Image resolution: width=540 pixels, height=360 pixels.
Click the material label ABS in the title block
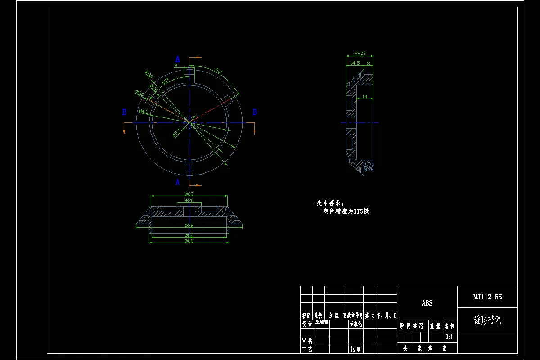coord(427,303)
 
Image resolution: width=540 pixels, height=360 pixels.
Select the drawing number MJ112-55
coord(487,297)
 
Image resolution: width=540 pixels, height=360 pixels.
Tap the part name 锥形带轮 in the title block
coord(487,320)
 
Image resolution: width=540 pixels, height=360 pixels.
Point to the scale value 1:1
coord(449,337)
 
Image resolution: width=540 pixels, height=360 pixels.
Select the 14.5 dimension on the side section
coord(355,63)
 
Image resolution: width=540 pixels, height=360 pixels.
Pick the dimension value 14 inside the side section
coord(364,97)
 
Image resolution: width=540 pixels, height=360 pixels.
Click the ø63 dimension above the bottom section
coord(189,194)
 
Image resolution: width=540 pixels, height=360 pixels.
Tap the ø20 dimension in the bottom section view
coord(189,200)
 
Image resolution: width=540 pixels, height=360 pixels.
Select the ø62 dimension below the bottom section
coord(189,235)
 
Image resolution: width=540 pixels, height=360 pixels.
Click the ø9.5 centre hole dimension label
coord(176,132)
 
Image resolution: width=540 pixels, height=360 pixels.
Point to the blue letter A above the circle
coord(178,59)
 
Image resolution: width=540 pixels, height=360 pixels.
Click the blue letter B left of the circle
coord(124,112)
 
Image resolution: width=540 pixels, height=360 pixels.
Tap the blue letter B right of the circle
coord(255,112)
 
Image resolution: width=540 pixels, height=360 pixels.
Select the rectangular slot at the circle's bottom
coord(189,166)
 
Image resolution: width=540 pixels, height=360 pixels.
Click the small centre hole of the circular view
coord(189,122)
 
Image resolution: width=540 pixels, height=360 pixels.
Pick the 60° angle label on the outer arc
coord(219,71)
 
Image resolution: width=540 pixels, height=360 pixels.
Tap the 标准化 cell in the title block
coord(355,324)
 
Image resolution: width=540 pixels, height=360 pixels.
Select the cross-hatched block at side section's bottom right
coord(369,166)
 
